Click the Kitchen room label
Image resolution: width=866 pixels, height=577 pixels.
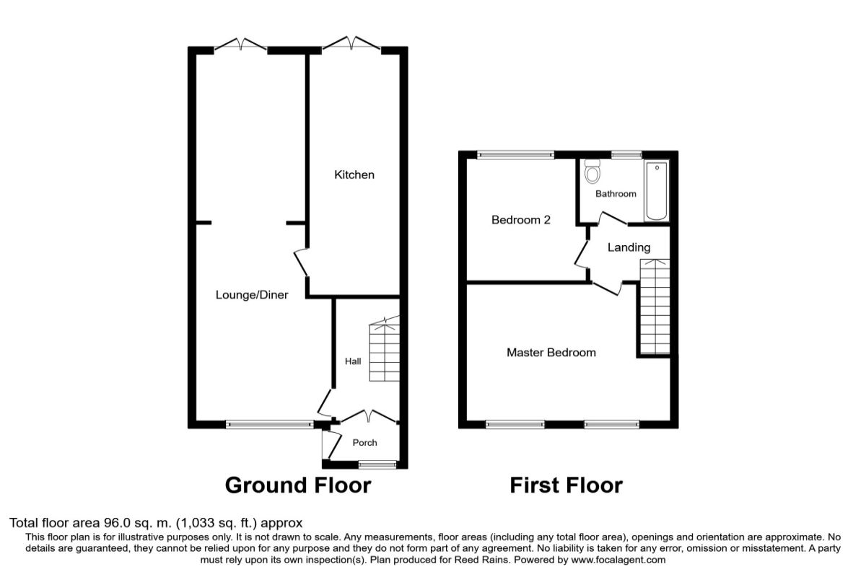(x=354, y=175)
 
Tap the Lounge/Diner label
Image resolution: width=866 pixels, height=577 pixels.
(x=252, y=295)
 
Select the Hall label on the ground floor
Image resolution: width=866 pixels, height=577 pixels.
(x=353, y=361)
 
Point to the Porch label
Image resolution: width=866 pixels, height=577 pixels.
(x=364, y=443)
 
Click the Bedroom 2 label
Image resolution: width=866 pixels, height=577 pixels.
(x=521, y=220)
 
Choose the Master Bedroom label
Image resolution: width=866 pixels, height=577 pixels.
(x=551, y=353)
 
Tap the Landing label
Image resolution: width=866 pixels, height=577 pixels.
(x=629, y=247)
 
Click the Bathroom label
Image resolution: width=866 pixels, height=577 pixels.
(x=616, y=193)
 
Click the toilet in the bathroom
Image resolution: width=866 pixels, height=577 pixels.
(x=592, y=171)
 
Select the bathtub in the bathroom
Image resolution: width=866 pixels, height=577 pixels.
(x=657, y=191)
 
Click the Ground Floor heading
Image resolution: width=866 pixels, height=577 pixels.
(x=298, y=485)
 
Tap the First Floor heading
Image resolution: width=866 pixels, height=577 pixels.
(x=566, y=485)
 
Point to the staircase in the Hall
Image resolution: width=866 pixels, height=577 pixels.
(x=384, y=349)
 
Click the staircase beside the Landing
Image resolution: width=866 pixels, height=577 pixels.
(x=655, y=307)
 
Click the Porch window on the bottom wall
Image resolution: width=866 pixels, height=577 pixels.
(x=377, y=464)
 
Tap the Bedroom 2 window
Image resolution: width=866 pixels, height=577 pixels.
(x=516, y=155)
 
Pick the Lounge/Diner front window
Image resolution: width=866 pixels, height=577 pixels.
(x=269, y=425)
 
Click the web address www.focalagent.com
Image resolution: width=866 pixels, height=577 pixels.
(x=618, y=560)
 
